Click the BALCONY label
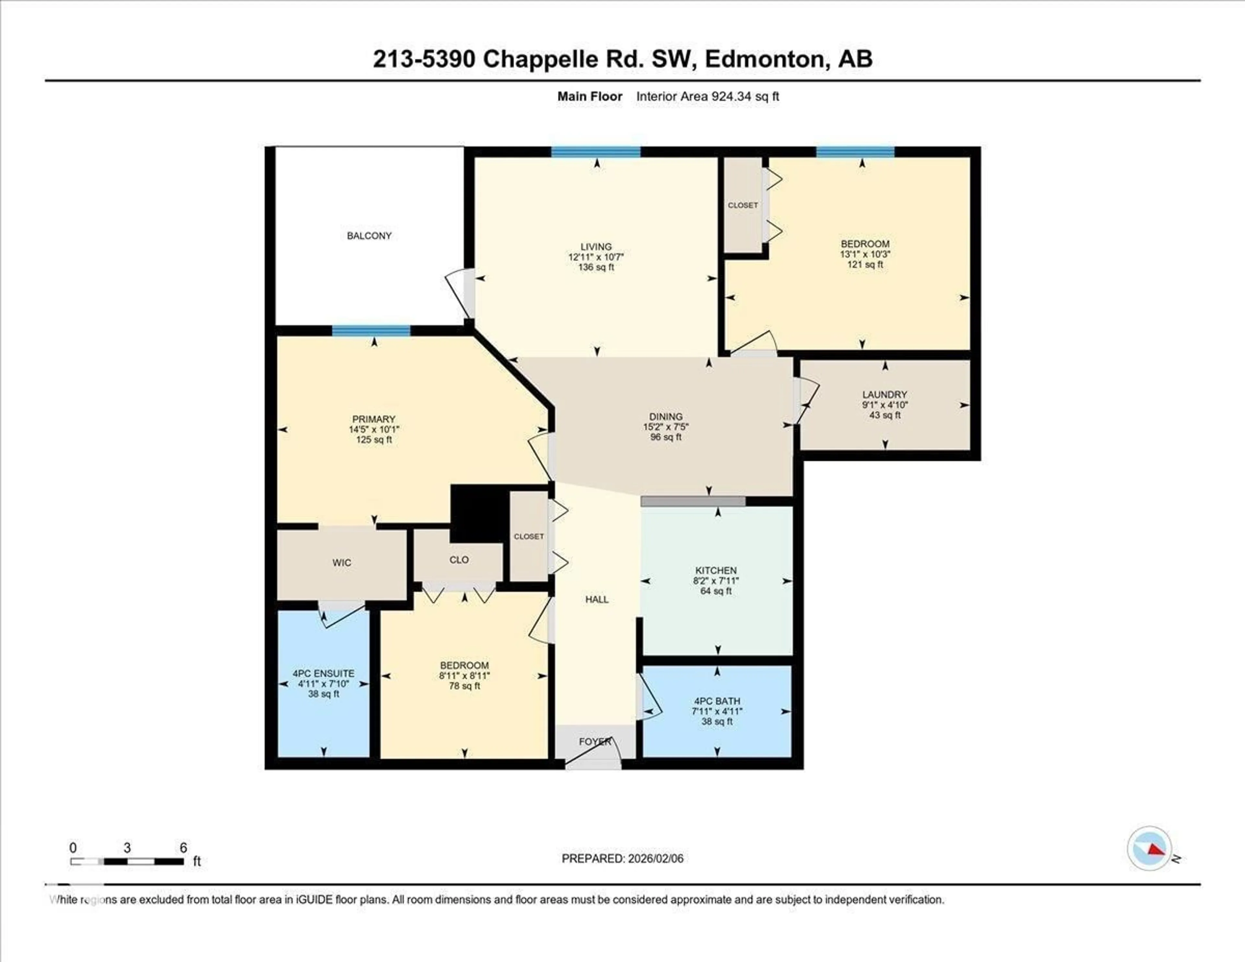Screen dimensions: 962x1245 tap(369, 235)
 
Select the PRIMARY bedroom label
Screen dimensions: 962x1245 tap(373, 419)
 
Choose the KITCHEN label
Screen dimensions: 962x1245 tap(716, 570)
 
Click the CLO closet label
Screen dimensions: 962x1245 tap(458, 560)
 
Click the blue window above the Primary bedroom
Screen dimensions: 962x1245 tap(371, 331)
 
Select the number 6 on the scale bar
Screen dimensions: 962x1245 tap(183, 848)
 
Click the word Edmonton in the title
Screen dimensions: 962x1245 tap(765, 59)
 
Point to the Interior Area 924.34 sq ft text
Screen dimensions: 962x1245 tap(707, 96)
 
